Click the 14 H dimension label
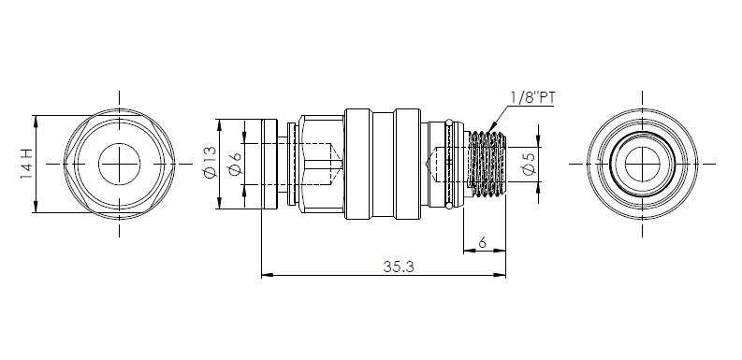pos(26,164)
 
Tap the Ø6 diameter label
pos(235,164)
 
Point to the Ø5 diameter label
pos(531,164)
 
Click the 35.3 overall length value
pos(399,266)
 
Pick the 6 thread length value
pos(482,243)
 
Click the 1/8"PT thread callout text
pos(532,98)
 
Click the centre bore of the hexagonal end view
pos(119,165)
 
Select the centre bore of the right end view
pos(642,165)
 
